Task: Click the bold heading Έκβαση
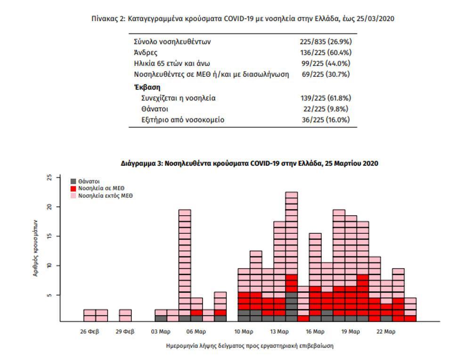click(146, 87)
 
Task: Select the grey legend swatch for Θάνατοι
click(73, 181)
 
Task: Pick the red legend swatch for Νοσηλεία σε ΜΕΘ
click(73, 188)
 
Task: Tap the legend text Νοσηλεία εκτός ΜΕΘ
click(106, 195)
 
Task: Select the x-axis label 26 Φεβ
click(89, 331)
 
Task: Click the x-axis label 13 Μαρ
click(280, 331)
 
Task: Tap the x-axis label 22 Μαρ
click(386, 331)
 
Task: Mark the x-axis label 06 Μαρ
click(196, 331)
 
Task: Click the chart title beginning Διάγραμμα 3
click(250, 164)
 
